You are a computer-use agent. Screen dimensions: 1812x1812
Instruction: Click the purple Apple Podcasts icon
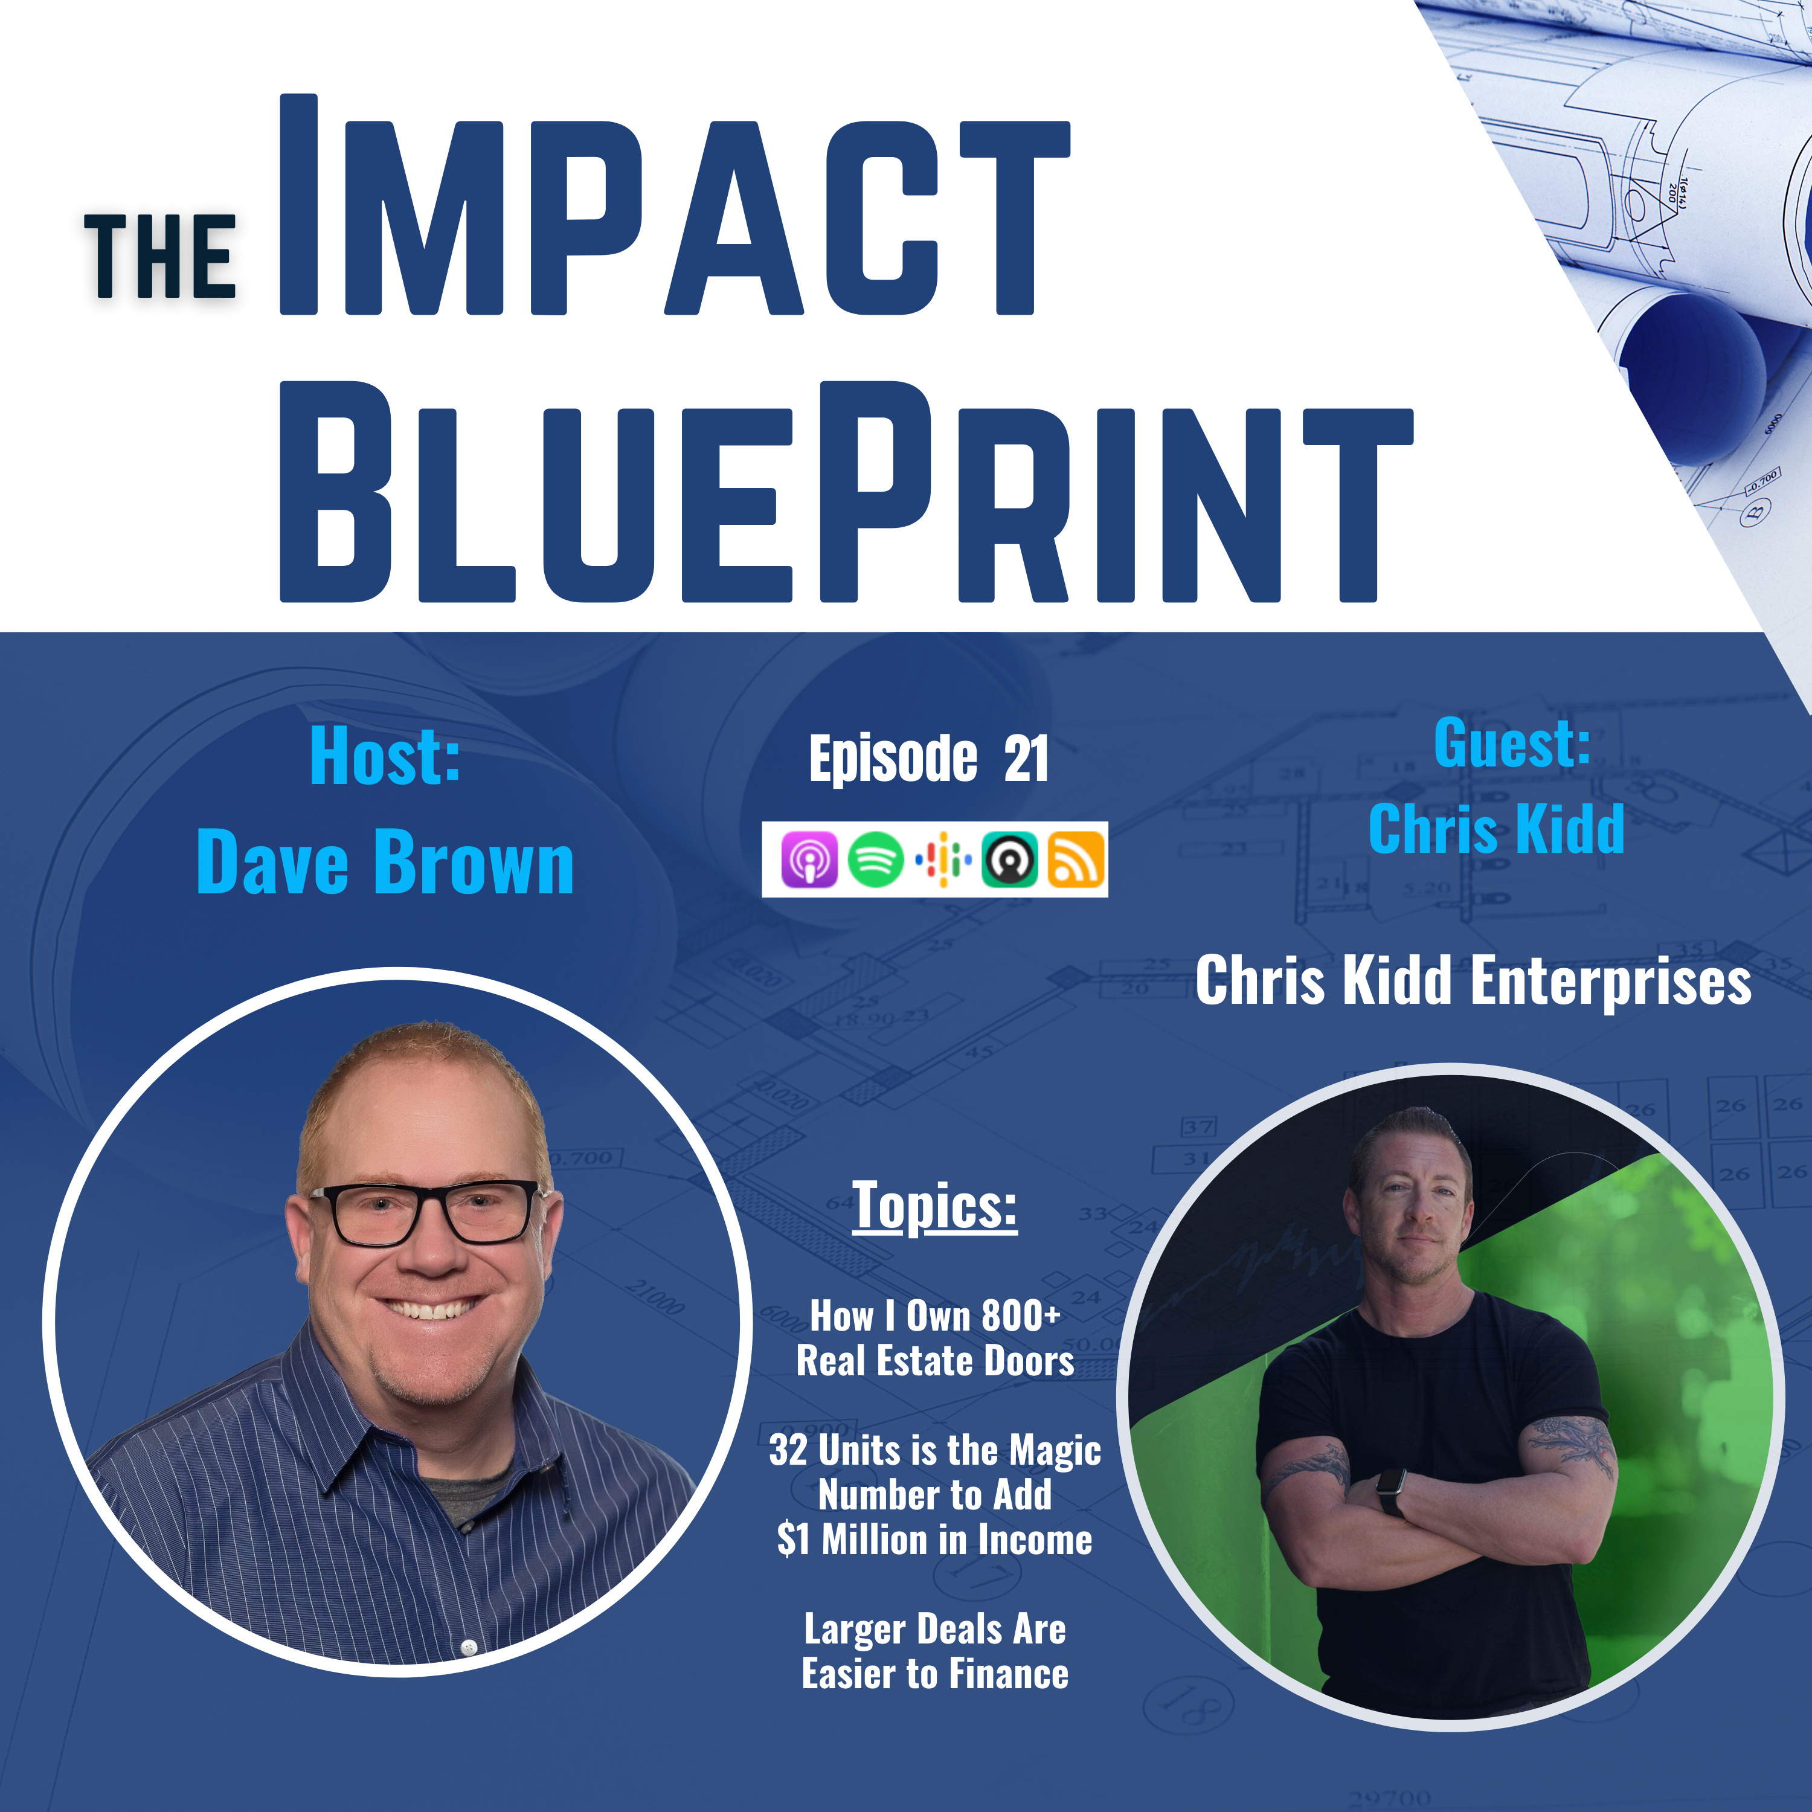tap(809, 859)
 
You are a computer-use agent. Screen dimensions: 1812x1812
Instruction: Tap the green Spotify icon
tap(875, 859)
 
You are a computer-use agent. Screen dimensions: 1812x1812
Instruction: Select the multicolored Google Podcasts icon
tap(943, 859)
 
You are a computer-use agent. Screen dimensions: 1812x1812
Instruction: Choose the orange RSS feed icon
tap(1076, 859)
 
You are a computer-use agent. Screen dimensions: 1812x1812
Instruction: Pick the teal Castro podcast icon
tap(1009, 859)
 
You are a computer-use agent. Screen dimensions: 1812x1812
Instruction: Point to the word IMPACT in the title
tap(675, 205)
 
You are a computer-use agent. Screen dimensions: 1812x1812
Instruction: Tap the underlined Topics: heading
tap(934, 1206)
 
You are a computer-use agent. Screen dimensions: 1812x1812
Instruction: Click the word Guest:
tap(1511, 743)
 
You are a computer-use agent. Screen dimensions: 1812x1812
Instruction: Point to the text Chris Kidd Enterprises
tap(1473, 980)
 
